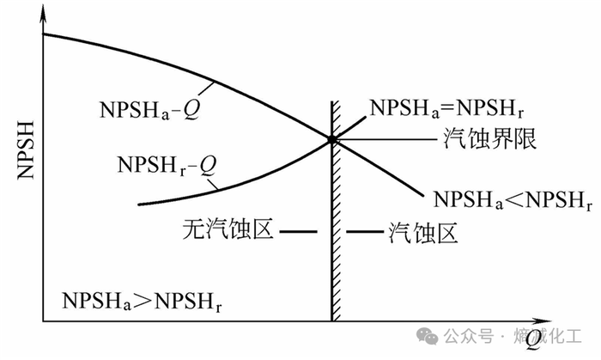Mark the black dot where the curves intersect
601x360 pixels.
pos(331,139)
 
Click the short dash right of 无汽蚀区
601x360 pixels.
pos(294,232)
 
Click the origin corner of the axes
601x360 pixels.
pos(43,322)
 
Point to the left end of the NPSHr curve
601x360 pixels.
pos(139,204)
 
